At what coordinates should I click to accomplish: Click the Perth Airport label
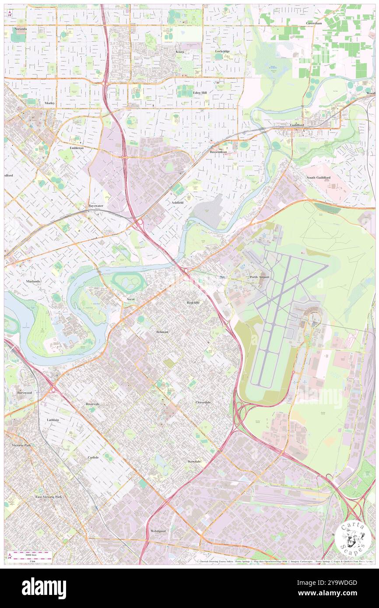(260, 277)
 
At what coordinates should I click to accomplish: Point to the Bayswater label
(96, 205)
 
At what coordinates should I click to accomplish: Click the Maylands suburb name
(33, 281)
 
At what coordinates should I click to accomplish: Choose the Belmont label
(162, 332)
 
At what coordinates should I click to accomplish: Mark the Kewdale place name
(194, 461)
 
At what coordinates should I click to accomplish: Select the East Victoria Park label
(49, 497)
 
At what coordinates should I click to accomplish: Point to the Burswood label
(25, 392)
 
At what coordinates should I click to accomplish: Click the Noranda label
(20, 28)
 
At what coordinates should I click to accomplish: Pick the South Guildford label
(318, 177)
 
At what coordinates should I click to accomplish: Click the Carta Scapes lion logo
(353, 537)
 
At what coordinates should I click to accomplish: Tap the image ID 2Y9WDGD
(338, 583)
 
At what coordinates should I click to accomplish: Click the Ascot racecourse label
(130, 299)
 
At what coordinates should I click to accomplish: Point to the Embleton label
(76, 148)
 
